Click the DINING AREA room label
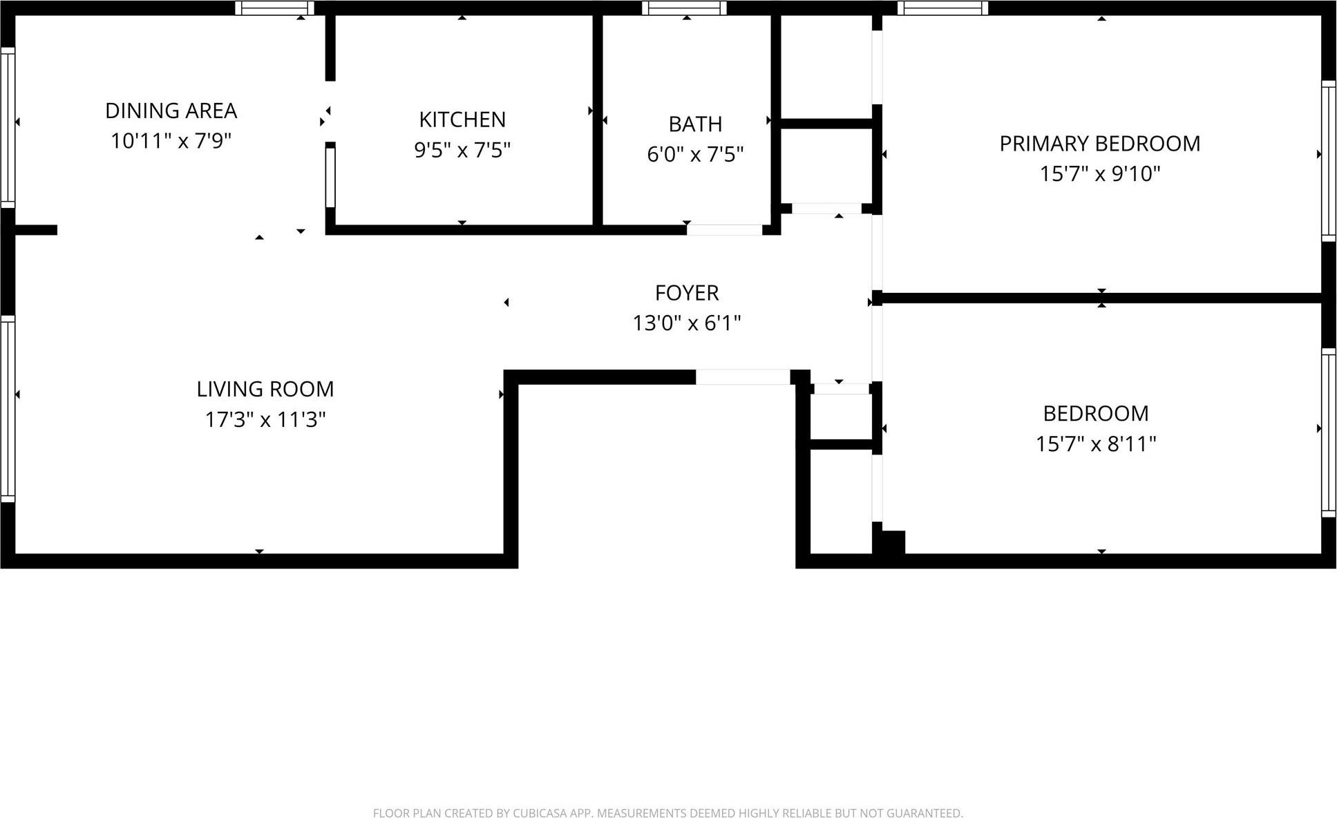(171, 111)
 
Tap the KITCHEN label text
(462, 120)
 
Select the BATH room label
(695, 124)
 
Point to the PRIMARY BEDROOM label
(1099, 144)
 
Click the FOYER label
(687, 293)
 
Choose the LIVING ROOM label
(265, 389)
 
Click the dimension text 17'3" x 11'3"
(265, 419)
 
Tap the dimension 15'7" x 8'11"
(1095, 444)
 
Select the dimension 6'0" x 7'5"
(695, 154)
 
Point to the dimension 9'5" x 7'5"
(462, 150)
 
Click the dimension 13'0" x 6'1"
(687, 323)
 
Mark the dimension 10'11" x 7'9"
(171, 141)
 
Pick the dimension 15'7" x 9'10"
(1099, 173)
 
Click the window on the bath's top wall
(684, 8)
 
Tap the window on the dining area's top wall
(274, 8)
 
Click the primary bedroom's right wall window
(1328, 161)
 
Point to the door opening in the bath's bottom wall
(724, 230)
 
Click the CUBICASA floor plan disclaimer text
(667, 813)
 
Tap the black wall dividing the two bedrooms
(1101, 298)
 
